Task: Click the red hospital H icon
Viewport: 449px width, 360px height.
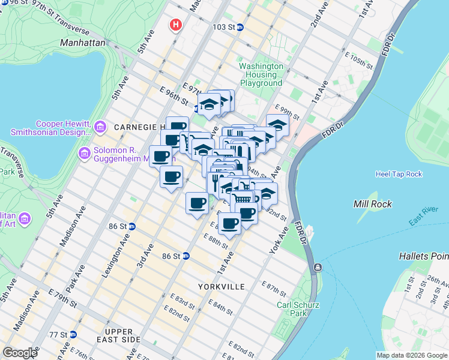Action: click(x=175, y=25)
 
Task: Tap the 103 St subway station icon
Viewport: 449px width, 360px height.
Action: click(x=240, y=28)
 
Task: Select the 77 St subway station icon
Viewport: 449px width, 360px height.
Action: click(x=73, y=334)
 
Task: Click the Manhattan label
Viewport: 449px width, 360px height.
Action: click(x=82, y=43)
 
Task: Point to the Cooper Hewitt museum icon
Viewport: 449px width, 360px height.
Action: click(x=100, y=128)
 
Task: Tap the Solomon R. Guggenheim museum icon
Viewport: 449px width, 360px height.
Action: click(x=84, y=154)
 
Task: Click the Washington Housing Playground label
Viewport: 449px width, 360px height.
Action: click(x=261, y=74)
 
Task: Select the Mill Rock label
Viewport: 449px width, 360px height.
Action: click(x=373, y=204)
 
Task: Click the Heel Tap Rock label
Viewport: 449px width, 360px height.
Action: click(x=399, y=174)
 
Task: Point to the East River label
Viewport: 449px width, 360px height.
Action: click(x=423, y=217)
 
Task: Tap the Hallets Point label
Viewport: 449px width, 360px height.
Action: click(x=424, y=256)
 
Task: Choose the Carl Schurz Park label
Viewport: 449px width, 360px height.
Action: click(x=298, y=310)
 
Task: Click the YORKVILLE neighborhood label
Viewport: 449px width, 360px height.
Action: click(x=221, y=287)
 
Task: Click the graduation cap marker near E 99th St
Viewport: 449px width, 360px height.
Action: click(x=277, y=125)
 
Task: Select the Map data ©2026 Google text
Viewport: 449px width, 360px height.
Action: click(x=411, y=355)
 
